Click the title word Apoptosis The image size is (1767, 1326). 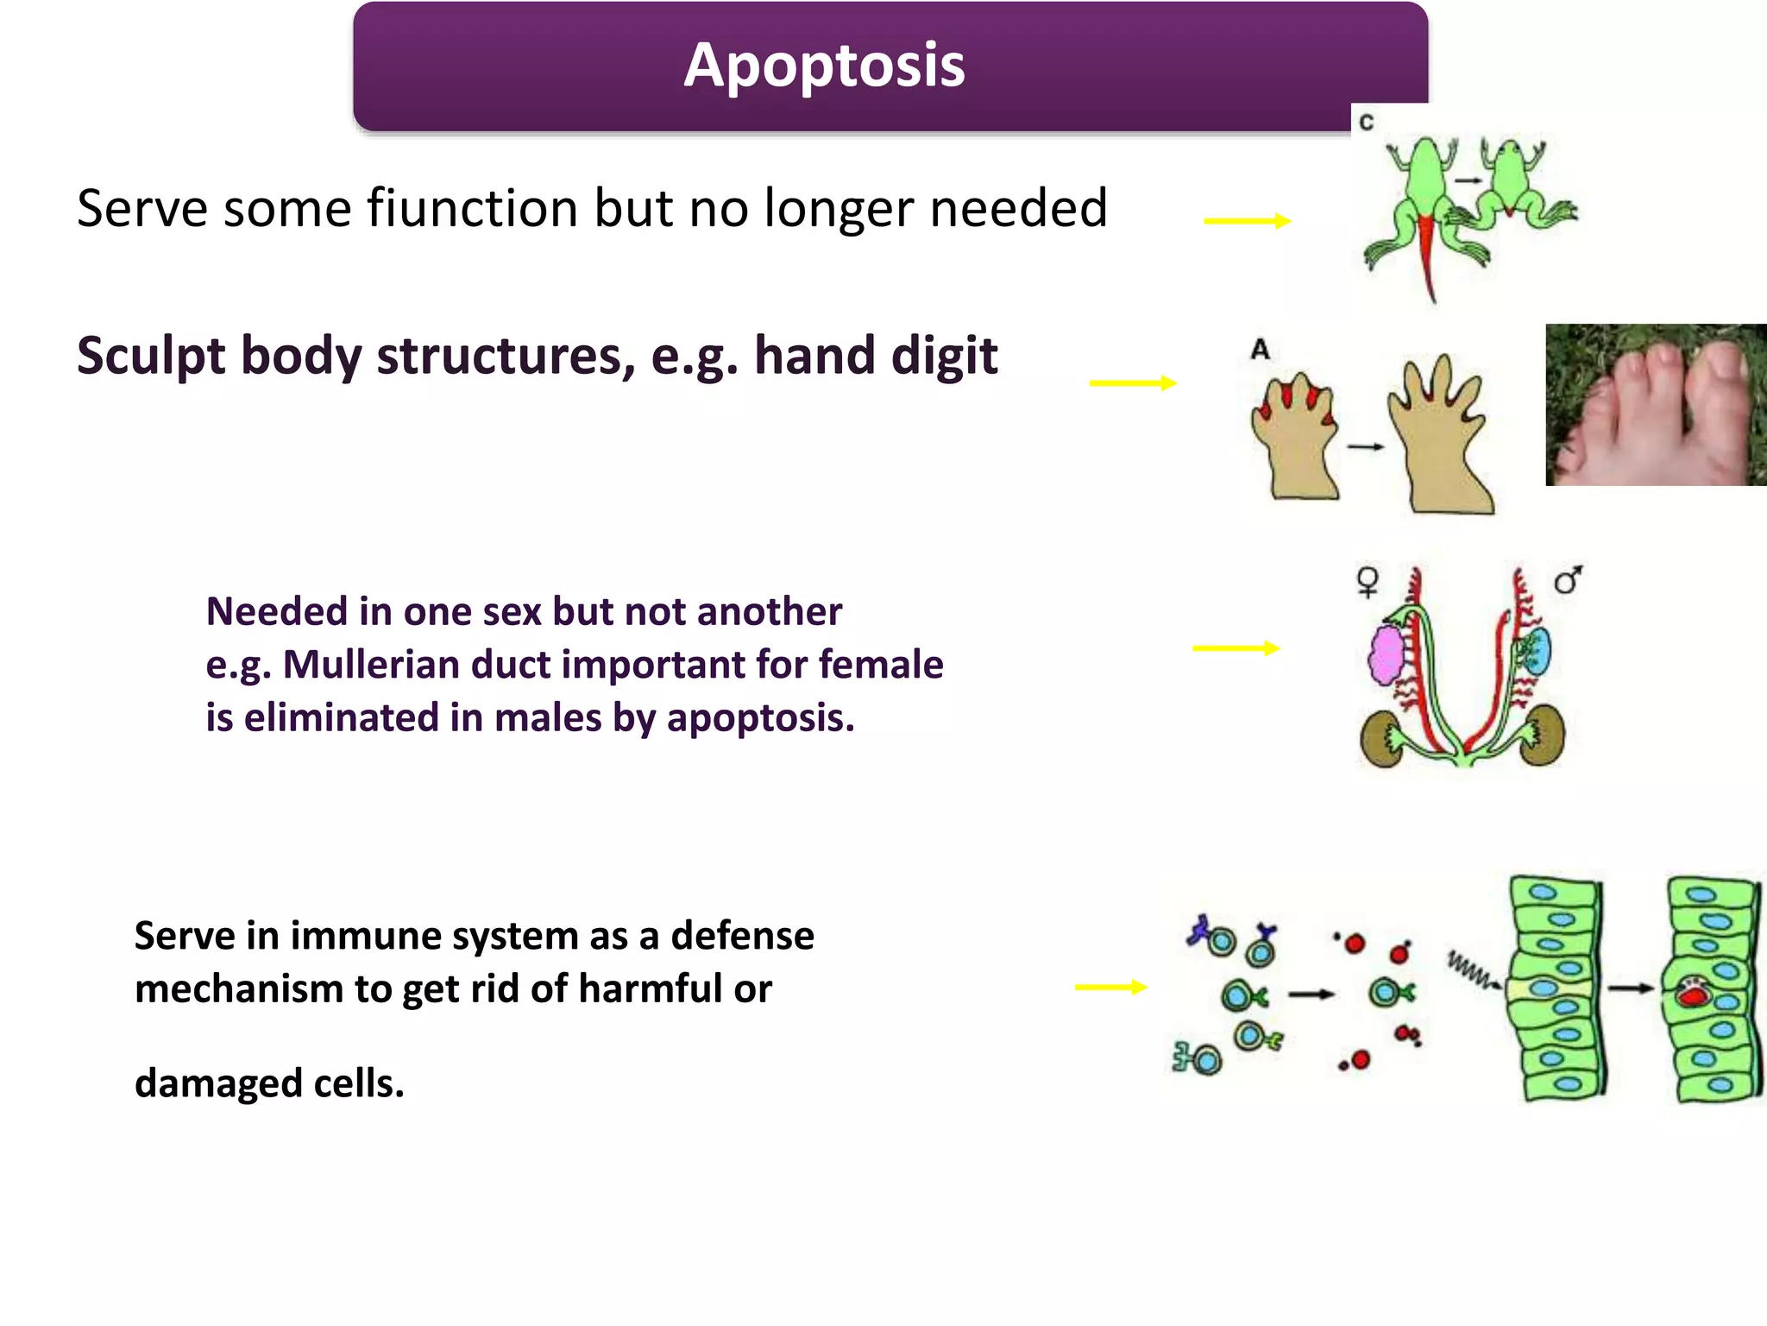[824, 66]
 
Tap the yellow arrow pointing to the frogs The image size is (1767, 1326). [1247, 221]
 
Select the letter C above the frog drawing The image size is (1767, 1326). [1367, 123]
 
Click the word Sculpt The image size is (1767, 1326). [151, 356]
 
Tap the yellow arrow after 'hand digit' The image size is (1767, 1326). [1133, 382]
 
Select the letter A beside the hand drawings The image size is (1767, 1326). [1260, 350]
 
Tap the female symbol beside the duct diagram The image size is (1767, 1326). [1368, 582]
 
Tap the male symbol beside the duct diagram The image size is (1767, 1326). [1568, 580]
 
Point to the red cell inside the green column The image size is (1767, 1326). [1694, 995]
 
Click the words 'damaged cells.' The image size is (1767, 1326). [269, 1083]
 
